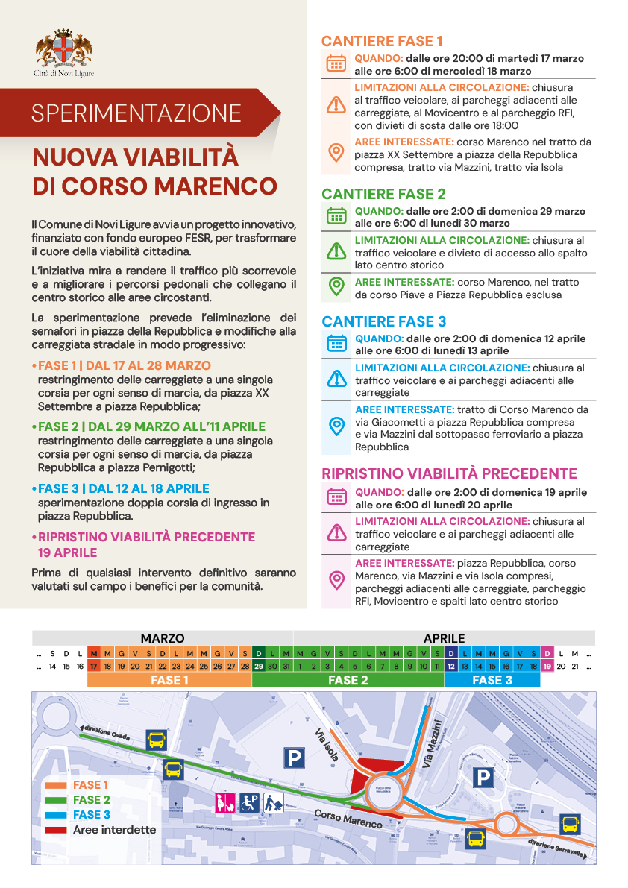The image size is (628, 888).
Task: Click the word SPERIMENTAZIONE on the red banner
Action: point(136,113)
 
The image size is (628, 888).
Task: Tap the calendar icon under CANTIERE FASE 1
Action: point(336,63)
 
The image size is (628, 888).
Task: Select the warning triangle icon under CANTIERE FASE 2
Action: point(336,252)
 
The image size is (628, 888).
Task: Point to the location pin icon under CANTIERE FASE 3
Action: point(336,426)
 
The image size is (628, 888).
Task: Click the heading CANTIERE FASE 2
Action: point(383,194)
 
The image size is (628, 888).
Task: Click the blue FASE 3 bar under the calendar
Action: point(492,680)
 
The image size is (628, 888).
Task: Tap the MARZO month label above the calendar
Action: point(163,638)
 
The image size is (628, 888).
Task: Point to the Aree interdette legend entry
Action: point(114,830)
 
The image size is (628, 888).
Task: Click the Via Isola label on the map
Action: point(328,743)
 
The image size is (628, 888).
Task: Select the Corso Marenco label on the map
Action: point(348,818)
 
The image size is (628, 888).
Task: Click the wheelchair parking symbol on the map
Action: point(249,802)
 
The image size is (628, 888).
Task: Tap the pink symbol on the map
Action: point(224,802)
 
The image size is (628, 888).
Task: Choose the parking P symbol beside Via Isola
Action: point(295,758)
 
